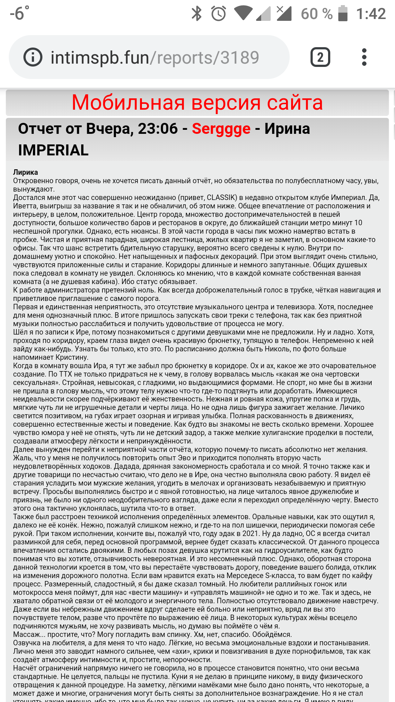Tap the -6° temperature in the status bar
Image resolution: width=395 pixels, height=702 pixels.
click(x=19, y=14)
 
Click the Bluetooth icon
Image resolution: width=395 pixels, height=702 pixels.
click(x=197, y=14)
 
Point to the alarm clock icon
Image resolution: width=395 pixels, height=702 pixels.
click(x=218, y=14)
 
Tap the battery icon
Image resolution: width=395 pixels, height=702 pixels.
click(x=343, y=14)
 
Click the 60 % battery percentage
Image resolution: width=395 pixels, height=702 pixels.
click(x=316, y=14)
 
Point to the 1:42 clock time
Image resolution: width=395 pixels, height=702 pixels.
click(x=371, y=14)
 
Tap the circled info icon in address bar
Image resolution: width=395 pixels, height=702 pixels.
click(x=33, y=57)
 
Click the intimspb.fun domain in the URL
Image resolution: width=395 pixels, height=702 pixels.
click(x=99, y=58)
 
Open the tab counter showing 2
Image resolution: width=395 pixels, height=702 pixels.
click(x=320, y=57)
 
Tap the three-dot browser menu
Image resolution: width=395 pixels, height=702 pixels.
click(x=364, y=57)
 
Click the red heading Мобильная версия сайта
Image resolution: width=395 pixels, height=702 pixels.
click(x=197, y=102)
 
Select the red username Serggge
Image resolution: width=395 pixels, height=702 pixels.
click(x=221, y=129)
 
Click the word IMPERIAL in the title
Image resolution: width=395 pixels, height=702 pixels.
click(x=53, y=150)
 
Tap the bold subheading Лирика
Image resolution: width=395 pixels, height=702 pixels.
click(x=26, y=172)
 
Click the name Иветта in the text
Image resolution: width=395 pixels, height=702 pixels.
click(x=25, y=206)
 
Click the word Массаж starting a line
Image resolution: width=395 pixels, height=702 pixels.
click(x=28, y=635)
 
